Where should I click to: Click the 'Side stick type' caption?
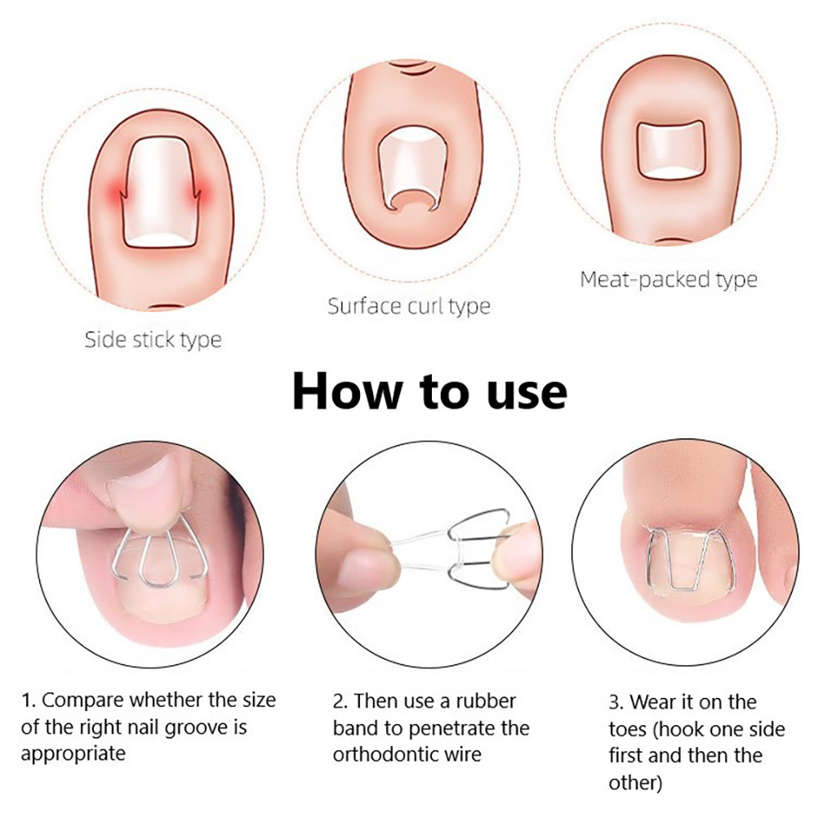click(153, 340)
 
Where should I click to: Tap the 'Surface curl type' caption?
click(409, 306)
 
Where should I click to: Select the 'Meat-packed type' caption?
click(669, 280)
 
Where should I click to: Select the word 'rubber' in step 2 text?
click(486, 700)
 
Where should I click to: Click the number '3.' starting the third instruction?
click(616, 702)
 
